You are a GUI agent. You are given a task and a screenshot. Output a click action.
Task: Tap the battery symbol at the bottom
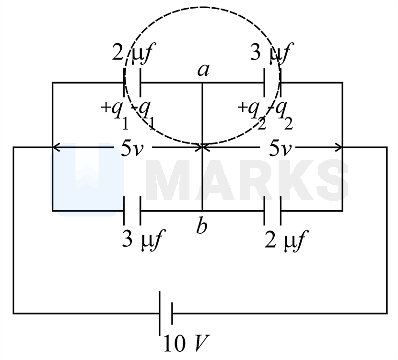[x=166, y=313]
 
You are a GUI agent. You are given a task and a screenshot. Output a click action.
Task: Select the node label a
[x=203, y=70]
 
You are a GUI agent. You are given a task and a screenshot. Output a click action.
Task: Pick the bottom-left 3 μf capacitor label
[x=144, y=240]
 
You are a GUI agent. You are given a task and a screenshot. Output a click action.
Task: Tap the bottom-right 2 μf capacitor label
[x=286, y=240]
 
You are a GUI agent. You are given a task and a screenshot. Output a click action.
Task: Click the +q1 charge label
[x=115, y=115]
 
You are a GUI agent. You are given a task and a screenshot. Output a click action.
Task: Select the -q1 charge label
[x=143, y=115]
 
